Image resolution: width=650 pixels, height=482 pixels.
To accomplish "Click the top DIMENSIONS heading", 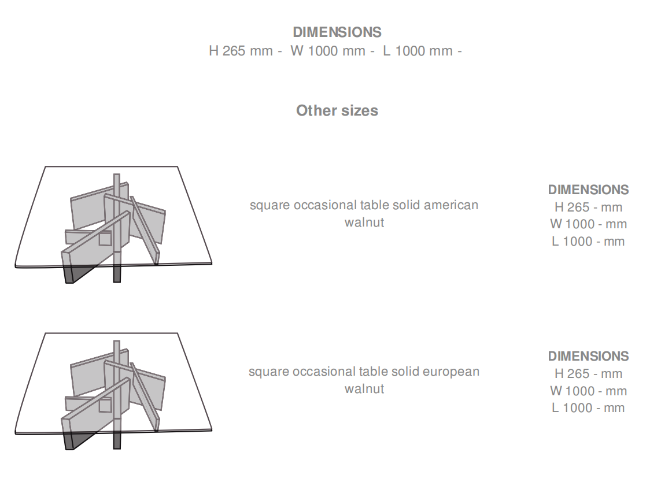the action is (337, 32).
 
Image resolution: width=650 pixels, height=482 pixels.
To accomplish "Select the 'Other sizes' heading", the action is (337, 110).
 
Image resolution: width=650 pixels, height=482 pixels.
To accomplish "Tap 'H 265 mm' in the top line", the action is (241, 51).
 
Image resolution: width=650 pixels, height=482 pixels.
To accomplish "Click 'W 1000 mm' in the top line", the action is (328, 51).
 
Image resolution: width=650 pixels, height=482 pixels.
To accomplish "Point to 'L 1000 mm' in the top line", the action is (418, 51).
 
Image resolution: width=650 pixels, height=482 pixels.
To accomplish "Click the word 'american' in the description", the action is (451, 205).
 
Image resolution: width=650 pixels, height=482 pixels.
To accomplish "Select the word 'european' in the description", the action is (451, 372).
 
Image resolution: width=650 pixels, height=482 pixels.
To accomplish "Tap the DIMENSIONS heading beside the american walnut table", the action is (588, 190).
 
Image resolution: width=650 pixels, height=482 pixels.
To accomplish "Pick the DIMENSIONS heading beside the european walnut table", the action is (588, 357).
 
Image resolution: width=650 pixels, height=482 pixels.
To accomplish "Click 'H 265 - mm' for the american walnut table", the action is (588, 207).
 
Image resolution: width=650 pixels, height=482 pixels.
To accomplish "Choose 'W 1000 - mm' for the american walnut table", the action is (588, 224).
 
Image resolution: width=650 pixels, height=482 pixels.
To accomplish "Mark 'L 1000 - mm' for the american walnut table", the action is (588, 241).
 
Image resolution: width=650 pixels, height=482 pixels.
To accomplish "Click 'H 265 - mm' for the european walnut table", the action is (588, 374).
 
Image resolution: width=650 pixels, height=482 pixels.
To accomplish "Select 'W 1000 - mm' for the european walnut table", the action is (588, 391).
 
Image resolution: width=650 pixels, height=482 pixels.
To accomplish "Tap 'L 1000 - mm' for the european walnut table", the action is (588, 408).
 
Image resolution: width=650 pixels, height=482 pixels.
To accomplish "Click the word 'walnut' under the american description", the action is (364, 223).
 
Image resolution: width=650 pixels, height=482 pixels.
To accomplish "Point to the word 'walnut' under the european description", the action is (364, 389).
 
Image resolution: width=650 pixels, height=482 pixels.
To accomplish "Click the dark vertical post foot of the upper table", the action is (117, 274).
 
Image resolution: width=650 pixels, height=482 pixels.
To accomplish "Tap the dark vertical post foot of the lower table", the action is (117, 440).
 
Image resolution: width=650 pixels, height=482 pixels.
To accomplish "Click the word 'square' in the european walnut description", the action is (269, 372).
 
